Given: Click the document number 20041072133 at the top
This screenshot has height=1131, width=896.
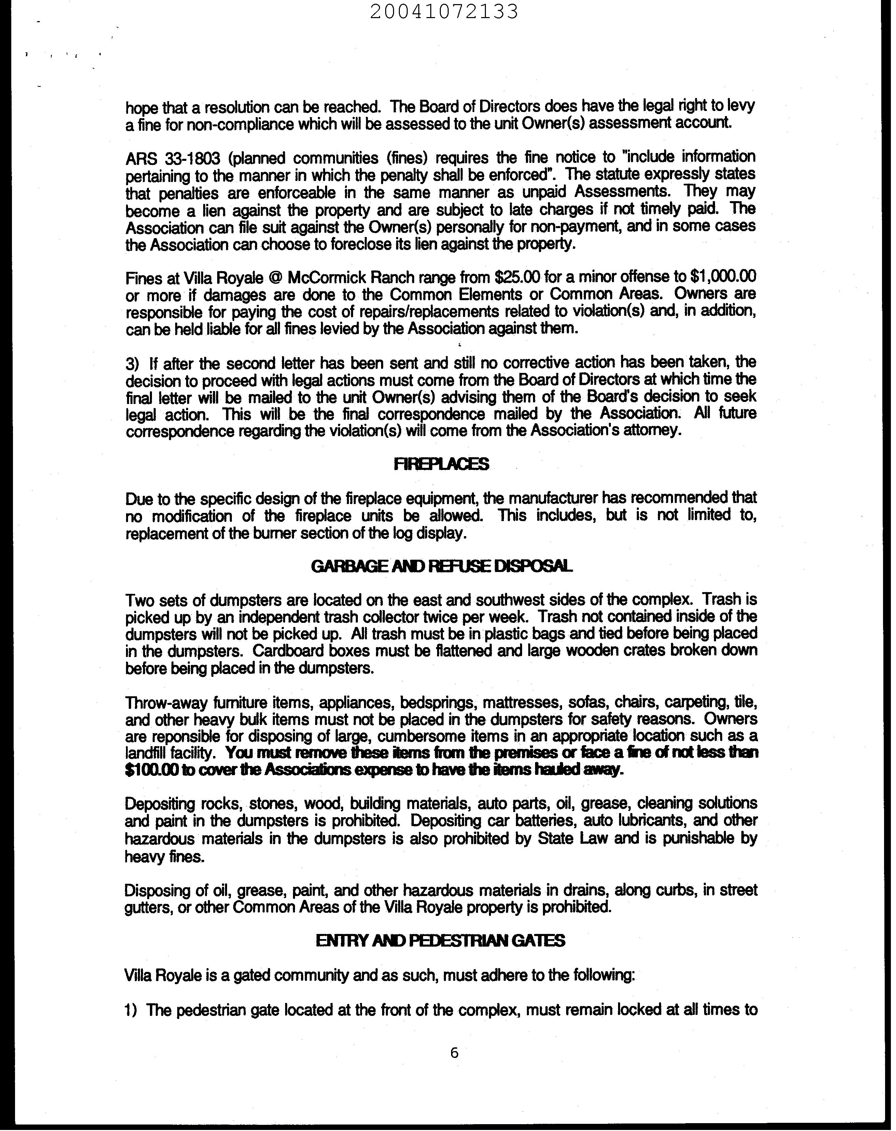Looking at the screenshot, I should (444, 12).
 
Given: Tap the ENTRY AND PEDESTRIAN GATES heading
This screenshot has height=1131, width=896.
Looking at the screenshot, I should (440, 940).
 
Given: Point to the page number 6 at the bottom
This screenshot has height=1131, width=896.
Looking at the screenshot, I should (454, 1052).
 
